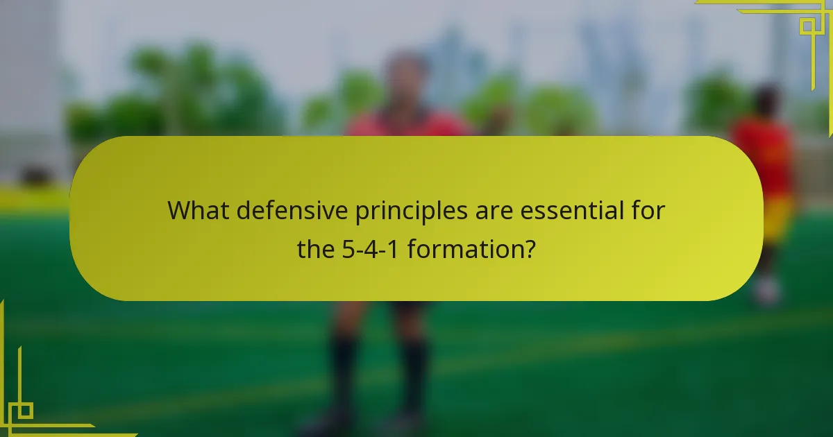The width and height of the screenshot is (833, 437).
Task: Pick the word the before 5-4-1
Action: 316,248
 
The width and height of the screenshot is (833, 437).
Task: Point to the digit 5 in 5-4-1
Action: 348,248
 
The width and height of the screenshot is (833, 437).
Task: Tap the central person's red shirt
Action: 410,125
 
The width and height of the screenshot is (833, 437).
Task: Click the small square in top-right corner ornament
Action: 807,27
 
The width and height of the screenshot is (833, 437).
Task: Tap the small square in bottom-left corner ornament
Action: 24,411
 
